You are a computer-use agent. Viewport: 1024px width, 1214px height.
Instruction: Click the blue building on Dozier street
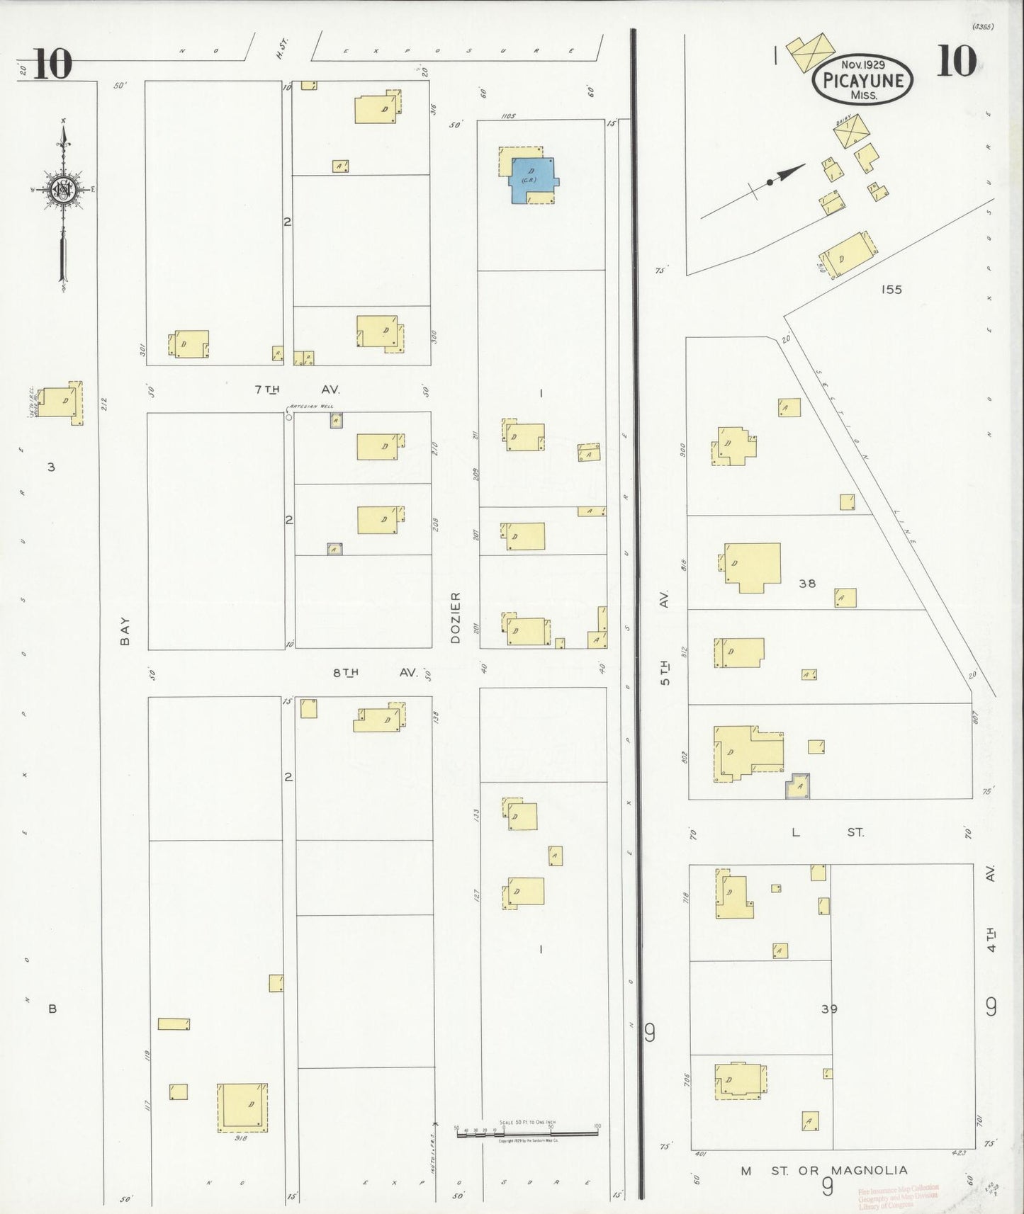[x=532, y=180]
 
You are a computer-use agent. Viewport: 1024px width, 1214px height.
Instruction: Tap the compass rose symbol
[x=63, y=190]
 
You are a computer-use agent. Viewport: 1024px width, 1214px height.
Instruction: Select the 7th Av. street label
[x=297, y=390]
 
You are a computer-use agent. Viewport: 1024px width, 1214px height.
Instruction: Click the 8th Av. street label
[x=375, y=672]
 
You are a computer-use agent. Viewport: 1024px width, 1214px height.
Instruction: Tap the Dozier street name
[x=456, y=617]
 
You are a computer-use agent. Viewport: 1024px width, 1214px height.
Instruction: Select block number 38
[x=807, y=584]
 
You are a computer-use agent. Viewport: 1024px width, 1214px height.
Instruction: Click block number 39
[x=829, y=1009]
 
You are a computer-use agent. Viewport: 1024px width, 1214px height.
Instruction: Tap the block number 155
[x=891, y=289]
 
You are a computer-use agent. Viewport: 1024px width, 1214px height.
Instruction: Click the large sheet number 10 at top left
[x=52, y=64]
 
